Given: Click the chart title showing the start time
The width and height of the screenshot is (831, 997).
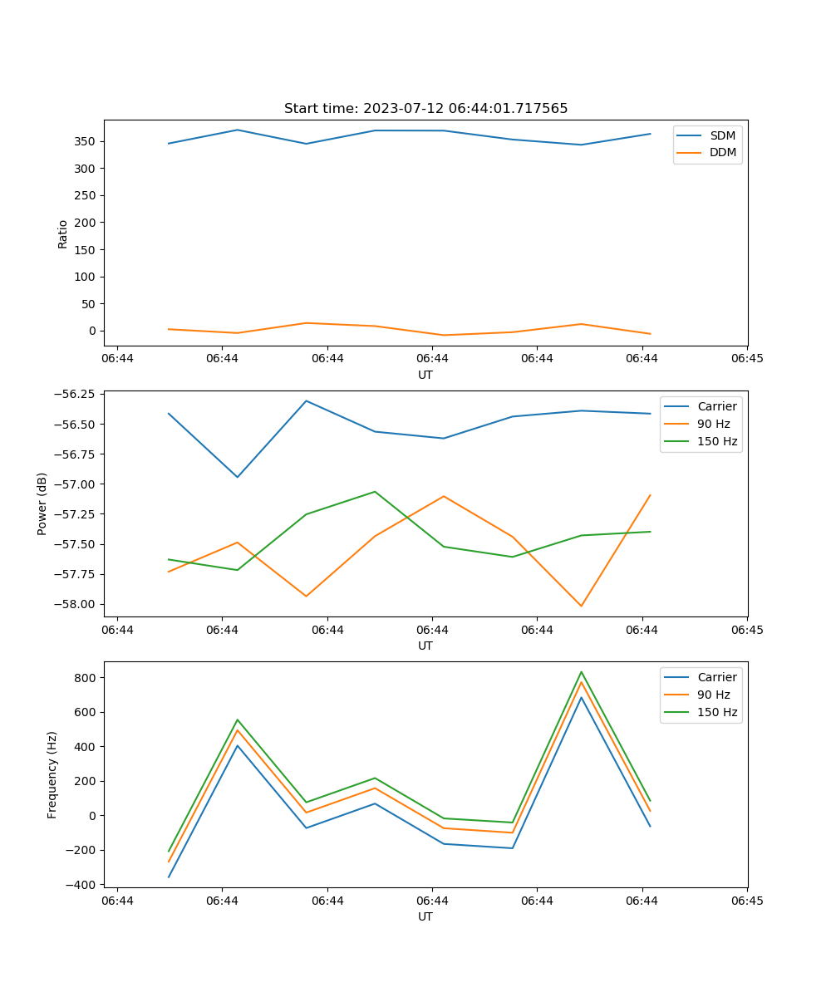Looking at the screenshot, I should pos(425,109).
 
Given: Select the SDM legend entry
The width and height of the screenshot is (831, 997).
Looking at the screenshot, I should pos(722,135).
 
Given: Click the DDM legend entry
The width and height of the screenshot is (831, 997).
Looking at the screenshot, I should pos(722,152).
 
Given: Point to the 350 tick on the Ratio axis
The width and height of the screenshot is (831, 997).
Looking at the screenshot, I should pos(86,141).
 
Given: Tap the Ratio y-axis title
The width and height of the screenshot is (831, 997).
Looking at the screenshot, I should pos(63,233).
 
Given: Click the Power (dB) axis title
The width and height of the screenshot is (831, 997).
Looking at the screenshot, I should pos(42,503).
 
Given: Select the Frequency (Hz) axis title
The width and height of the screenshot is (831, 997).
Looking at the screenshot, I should pos(52,774).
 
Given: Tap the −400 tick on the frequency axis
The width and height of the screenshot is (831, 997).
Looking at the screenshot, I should pos(83,885).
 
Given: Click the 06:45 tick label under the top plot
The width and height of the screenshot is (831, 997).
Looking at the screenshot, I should pos(747,358).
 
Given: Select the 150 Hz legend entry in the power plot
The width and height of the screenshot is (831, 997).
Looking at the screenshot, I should pos(717,441).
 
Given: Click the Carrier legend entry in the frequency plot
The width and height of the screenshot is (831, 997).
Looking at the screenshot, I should pos(716,677).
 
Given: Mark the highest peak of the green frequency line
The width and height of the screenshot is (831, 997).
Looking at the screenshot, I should pos(581,672).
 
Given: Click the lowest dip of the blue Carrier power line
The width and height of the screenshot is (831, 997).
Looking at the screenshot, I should pos(238,477).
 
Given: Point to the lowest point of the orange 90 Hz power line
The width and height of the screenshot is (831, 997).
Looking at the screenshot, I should pos(581,606).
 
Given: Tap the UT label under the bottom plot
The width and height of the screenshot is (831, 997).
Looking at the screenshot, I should pos(425,916).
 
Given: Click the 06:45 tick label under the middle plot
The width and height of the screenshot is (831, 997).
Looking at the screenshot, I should pos(747,629).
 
